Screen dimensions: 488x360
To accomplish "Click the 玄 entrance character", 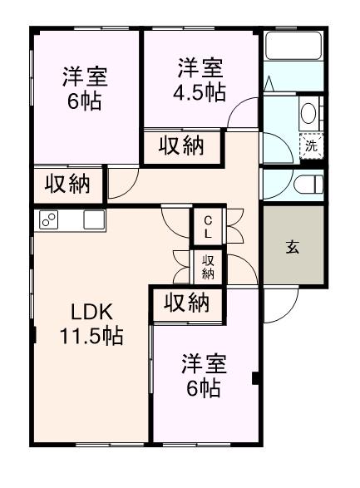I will point(293,247).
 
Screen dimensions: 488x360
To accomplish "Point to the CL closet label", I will point(208,226).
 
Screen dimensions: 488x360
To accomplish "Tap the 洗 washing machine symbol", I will point(310,145).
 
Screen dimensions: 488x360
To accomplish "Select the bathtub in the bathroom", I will point(293,47).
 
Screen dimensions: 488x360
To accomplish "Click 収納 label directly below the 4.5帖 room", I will point(182,146).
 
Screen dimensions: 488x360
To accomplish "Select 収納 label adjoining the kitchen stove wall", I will point(67,184).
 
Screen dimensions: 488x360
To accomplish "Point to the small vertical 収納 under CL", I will point(208,267).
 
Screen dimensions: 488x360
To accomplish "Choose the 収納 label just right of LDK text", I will point(186,304).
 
